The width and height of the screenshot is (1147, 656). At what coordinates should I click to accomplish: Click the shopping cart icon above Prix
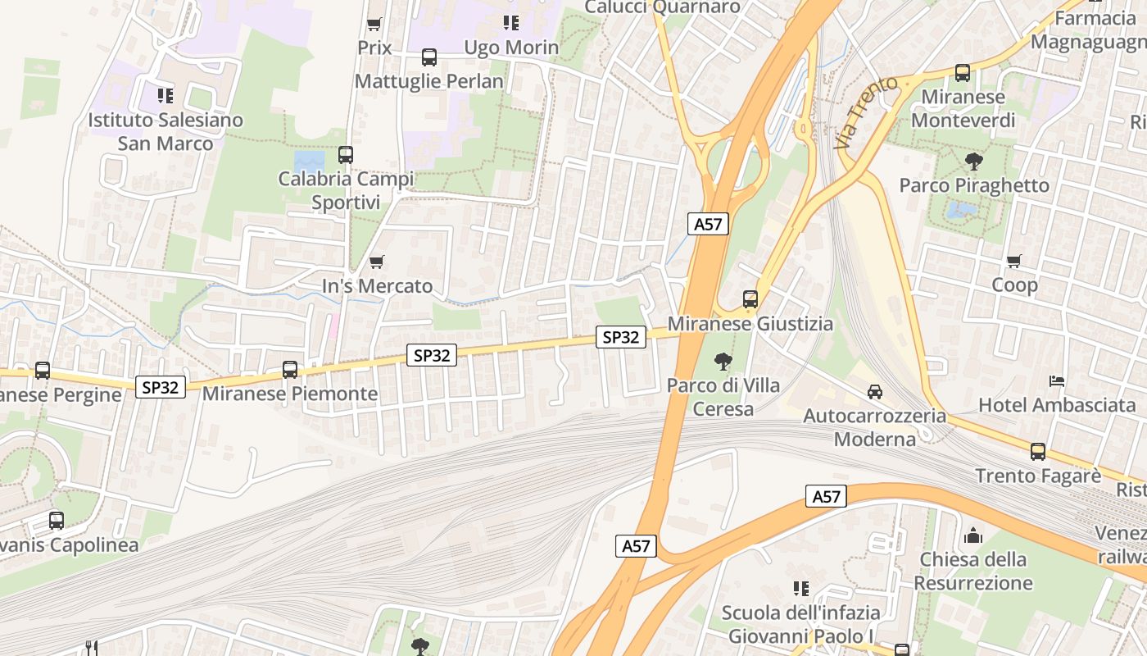point(374,24)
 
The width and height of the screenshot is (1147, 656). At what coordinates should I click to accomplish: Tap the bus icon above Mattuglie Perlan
point(428,57)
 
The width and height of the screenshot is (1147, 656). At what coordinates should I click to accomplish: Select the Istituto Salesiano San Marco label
point(165,131)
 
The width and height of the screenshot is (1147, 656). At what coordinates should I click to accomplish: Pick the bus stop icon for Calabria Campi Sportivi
point(345,154)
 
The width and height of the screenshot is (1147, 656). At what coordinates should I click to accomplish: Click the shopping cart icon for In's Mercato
point(376,262)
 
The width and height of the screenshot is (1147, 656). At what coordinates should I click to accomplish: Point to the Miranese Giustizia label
point(750,324)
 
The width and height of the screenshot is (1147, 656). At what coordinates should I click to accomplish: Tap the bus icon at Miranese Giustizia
point(750,299)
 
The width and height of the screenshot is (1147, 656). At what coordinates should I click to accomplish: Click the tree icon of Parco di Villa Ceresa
point(723,361)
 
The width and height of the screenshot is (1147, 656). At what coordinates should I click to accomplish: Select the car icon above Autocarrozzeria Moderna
point(875,391)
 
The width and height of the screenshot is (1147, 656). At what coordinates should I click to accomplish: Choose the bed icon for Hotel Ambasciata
point(1057,381)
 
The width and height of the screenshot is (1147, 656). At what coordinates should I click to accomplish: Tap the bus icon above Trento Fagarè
point(1037,451)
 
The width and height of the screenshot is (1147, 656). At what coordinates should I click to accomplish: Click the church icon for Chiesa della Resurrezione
point(972,535)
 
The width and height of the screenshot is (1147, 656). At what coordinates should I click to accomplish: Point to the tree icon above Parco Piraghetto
point(973,161)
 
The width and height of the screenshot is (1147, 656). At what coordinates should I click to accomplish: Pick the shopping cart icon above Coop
point(1014,261)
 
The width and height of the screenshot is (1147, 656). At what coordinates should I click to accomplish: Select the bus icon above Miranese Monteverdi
point(962,72)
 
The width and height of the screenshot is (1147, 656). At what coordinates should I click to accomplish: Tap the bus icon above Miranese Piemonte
point(289,369)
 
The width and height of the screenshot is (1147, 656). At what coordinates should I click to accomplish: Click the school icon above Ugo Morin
point(510,23)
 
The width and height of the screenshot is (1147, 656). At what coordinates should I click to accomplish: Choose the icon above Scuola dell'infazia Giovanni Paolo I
point(800,588)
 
